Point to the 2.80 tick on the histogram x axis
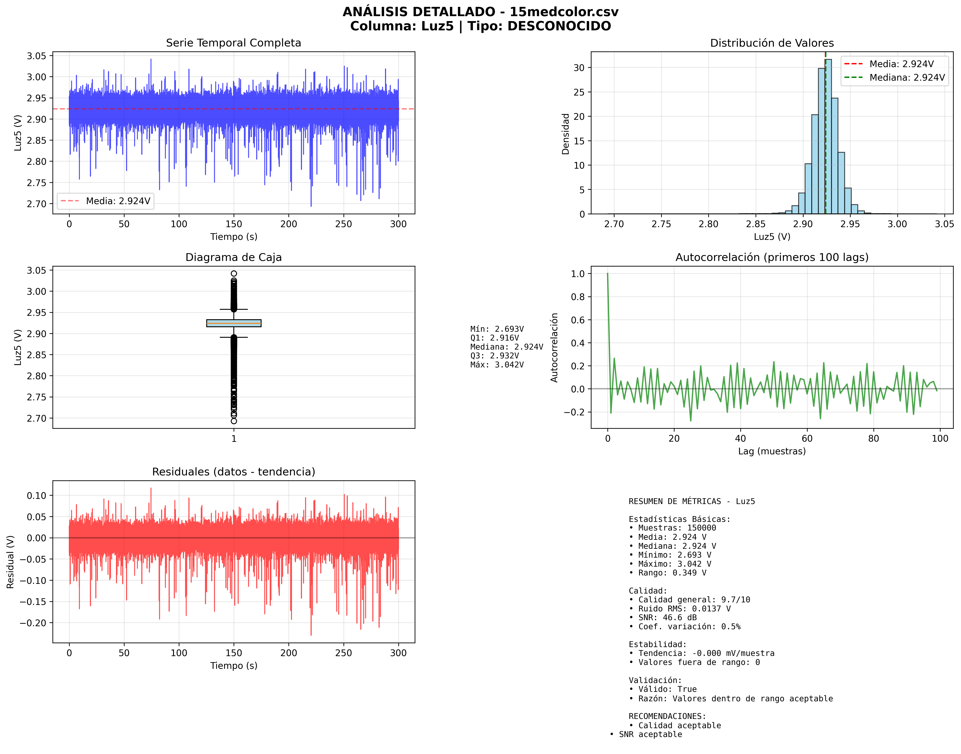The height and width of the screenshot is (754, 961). click(708, 224)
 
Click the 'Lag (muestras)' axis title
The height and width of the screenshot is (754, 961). click(772, 451)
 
